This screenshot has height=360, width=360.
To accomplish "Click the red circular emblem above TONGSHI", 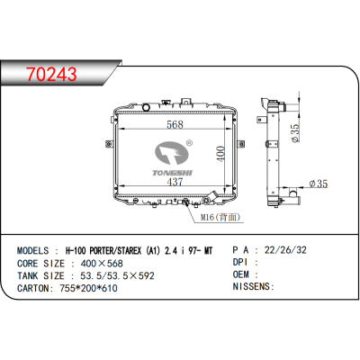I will (x=166, y=150).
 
